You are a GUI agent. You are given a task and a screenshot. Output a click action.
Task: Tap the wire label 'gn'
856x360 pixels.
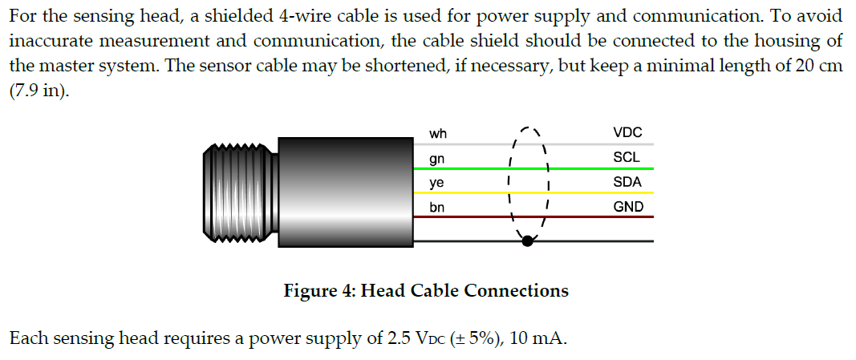point(437,159)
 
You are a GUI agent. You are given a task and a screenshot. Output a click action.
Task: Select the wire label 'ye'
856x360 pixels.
point(437,183)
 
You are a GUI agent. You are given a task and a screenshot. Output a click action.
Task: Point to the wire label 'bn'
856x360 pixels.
point(437,207)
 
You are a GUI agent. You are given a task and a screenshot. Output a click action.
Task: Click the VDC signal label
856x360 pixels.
point(627,134)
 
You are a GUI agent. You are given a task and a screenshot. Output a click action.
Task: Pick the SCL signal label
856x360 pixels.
point(626,158)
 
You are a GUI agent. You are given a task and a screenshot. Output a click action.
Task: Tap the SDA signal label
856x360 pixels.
point(627,182)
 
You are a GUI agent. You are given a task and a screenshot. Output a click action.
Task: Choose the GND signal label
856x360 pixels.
point(628,207)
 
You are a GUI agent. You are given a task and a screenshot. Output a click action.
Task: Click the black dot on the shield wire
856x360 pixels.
point(526,240)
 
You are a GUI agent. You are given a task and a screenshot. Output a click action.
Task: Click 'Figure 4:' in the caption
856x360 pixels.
point(319,290)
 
